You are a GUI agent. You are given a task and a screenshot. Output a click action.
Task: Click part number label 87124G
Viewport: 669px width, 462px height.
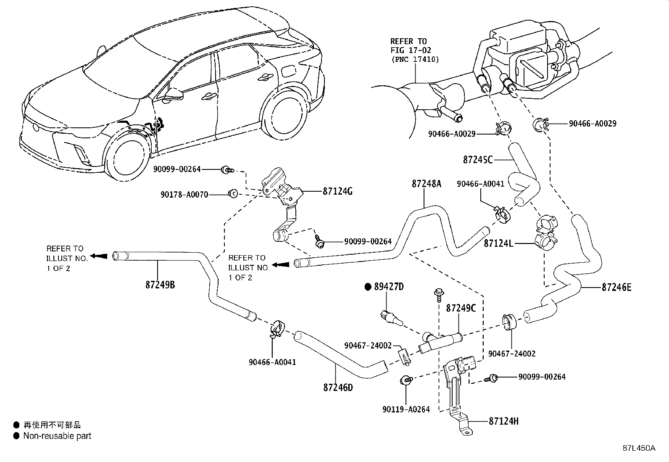coord(337,192)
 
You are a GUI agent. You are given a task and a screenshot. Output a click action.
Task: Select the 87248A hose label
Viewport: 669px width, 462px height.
coord(427,184)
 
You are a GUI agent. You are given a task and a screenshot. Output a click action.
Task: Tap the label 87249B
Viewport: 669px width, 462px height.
coord(160,285)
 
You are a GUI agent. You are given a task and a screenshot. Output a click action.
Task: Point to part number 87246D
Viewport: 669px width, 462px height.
coord(338,387)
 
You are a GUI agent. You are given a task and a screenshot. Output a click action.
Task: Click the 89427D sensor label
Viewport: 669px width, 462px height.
coord(388,287)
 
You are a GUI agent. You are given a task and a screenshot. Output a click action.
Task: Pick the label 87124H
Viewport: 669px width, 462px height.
coord(503,421)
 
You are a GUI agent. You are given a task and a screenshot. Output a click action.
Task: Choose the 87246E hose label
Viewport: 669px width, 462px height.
coord(616,288)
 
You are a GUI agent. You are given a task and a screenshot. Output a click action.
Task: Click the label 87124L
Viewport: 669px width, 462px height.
coord(498,243)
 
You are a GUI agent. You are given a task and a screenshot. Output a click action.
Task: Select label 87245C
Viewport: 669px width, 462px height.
coord(478,160)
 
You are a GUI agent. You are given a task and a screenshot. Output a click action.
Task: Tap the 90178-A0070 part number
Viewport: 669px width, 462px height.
coord(184,195)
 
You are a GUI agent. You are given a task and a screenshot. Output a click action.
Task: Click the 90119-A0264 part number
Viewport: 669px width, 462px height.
coord(406,409)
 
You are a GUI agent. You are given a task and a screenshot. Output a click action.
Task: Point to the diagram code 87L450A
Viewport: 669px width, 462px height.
coord(639,448)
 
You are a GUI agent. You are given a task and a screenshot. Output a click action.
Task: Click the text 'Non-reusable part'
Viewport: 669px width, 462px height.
coord(57,436)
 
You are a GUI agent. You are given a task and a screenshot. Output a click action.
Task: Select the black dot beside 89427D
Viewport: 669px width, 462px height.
coord(368,287)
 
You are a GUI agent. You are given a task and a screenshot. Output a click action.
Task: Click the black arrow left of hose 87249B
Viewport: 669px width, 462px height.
coord(99,256)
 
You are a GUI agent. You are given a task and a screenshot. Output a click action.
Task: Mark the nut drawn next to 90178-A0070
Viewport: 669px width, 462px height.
coord(232,193)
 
